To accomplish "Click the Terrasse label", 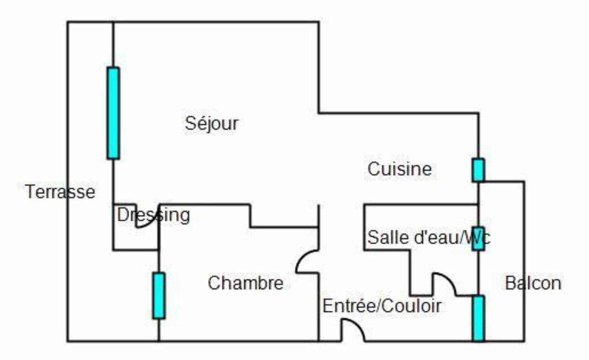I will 60,192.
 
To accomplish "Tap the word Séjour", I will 212,123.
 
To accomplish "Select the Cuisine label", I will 399,169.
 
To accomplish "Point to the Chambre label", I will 245,283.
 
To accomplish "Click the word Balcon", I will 533,283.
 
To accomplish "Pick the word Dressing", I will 153,215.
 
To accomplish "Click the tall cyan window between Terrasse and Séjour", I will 113,113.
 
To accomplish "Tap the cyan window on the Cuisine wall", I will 478,170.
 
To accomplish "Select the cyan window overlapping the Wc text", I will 478,239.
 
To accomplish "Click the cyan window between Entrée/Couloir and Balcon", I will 479,318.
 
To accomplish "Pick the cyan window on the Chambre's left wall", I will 159,296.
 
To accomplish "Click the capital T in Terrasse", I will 29,192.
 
